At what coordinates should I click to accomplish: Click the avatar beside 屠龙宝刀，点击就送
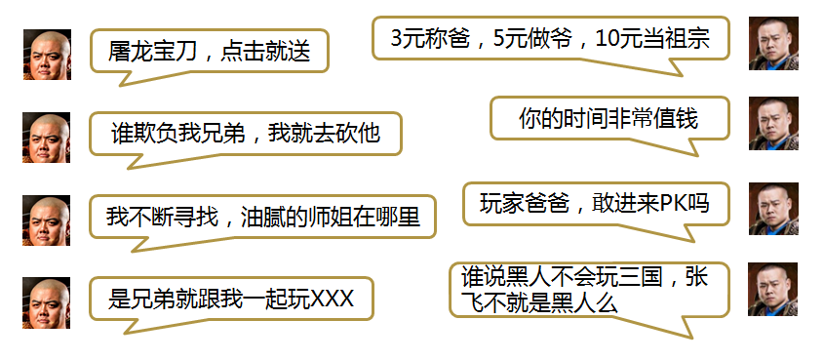tap(48, 55)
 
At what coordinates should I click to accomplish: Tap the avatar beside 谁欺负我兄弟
tap(46, 138)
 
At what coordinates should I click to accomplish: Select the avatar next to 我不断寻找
tap(46, 220)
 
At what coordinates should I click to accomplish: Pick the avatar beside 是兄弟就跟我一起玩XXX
tap(46, 302)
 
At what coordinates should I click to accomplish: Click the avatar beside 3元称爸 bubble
tap(773, 44)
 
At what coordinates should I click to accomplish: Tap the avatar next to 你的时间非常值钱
tap(773, 124)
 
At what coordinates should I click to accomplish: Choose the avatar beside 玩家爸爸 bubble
tap(773, 209)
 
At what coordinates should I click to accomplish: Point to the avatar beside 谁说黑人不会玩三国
tap(773, 290)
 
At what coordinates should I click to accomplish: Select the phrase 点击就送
tap(265, 52)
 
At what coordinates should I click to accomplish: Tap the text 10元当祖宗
tap(652, 38)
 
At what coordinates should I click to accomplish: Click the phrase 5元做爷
tap(532, 38)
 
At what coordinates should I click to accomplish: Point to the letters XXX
tap(333, 300)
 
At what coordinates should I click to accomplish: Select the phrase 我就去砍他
tap(324, 134)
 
